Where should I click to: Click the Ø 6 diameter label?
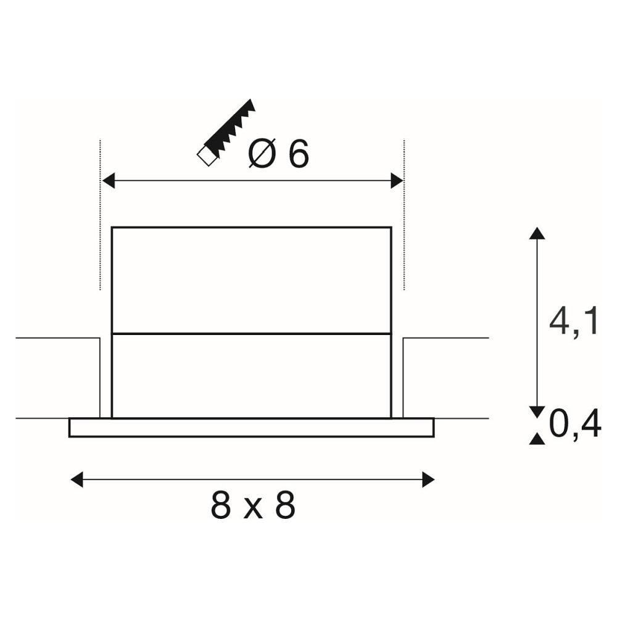[x=279, y=153]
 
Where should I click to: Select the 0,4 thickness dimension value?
[x=575, y=424]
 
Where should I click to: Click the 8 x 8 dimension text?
[x=253, y=505]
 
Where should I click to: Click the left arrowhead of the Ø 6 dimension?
[x=108, y=181]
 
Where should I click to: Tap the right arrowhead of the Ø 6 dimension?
[x=397, y=181]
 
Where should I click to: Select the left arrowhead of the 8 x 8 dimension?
[x=77, y=479]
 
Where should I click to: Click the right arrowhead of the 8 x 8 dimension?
[x=428, y=479]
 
